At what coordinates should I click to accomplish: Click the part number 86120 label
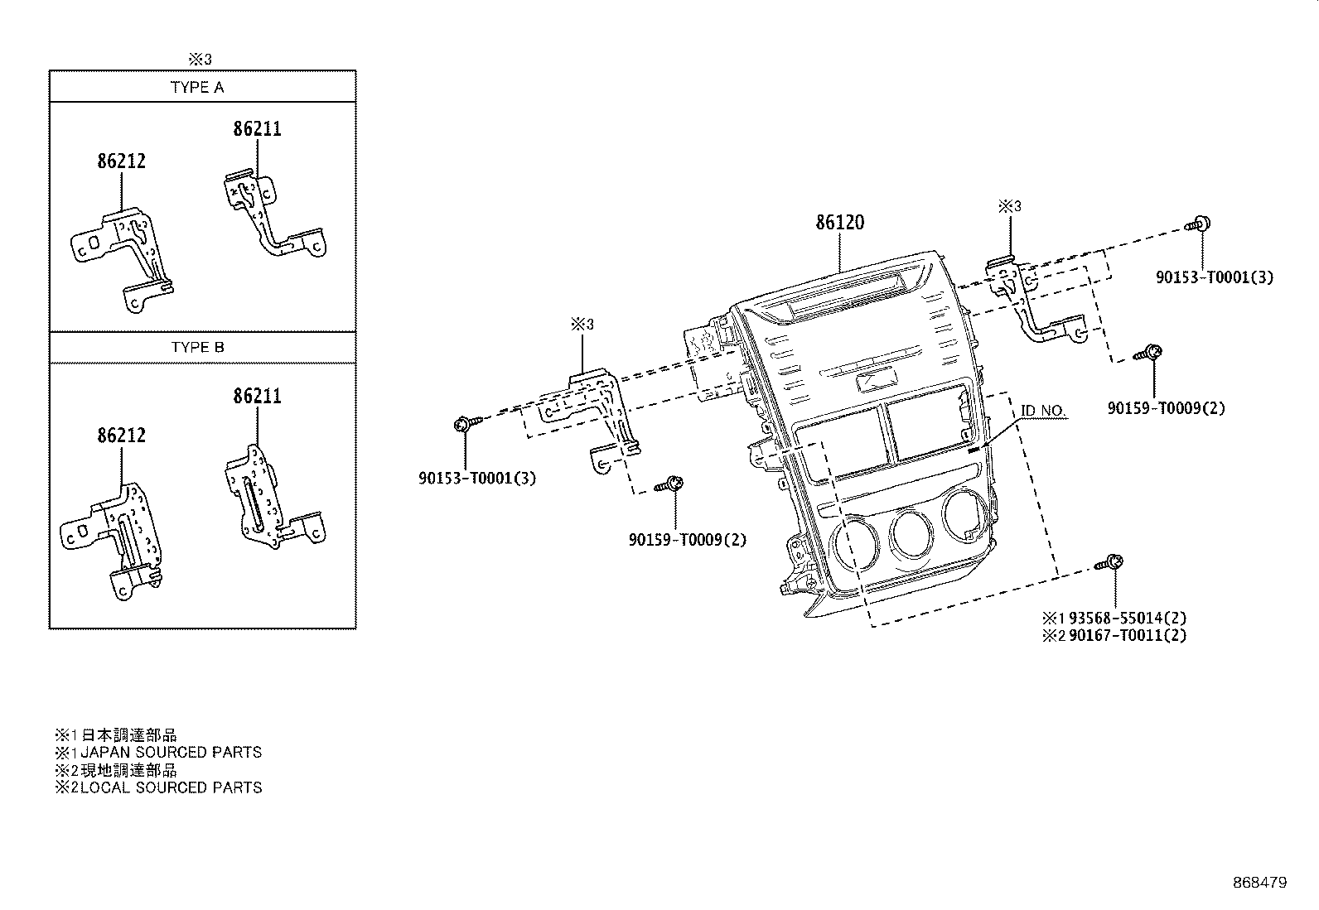[x=839, y=223]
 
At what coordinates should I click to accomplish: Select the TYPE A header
[x=197, y=87]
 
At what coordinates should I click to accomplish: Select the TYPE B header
[x=197, y=347]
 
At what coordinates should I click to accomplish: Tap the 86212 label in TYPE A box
[x=121, y=161]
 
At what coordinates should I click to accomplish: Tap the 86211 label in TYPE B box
[x=257, y=397]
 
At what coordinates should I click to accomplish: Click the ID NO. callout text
[x=1042, y=411]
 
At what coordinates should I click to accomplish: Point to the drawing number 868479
[x=1259, y=883]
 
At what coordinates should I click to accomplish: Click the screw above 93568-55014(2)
[x=1109, y=564]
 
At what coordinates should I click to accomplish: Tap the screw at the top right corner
[x=1198, y=224]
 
